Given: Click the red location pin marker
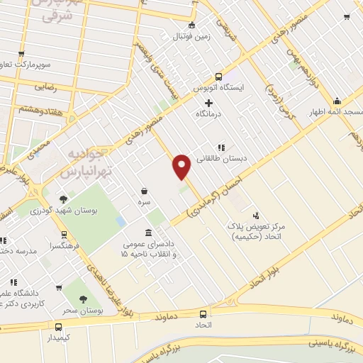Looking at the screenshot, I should coord(182,166).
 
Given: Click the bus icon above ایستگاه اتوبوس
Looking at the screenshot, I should coord(218,77).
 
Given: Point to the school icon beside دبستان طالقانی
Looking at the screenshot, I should coord(221,147).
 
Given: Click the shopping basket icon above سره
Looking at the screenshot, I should coord(145,191).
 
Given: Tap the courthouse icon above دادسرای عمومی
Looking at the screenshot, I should coord(147,233).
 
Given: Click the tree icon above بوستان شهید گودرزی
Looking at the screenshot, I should coord(64,199).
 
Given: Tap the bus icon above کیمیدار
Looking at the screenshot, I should coord(58,328).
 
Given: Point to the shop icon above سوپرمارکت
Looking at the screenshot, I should coord(21,53).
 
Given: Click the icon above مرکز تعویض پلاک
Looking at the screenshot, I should coord(255,215).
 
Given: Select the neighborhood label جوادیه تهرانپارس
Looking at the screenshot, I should coord(71,162).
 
